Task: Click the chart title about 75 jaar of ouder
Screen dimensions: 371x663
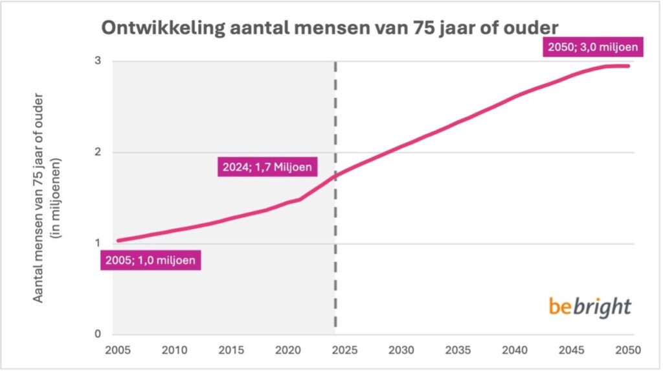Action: [328, 29]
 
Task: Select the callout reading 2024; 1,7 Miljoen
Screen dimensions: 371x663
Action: [265, 167]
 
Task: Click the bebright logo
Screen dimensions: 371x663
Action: [590, 306]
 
